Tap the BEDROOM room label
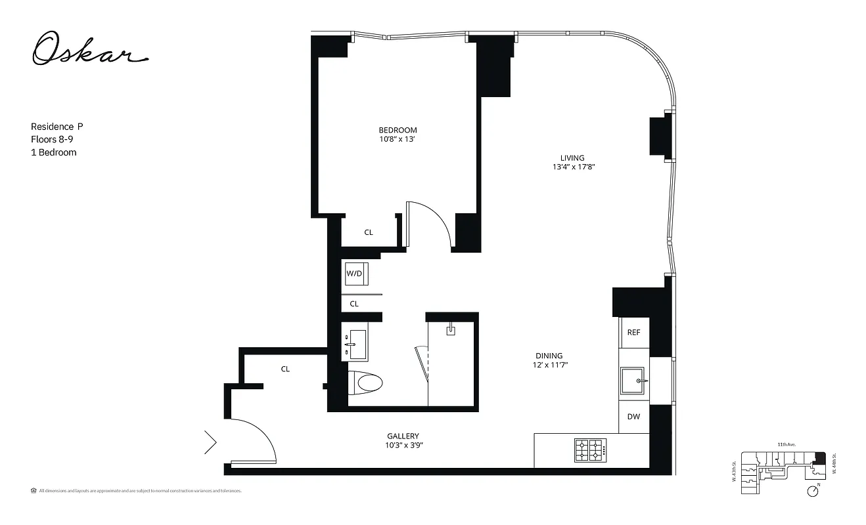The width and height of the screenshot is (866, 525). coord(398,130)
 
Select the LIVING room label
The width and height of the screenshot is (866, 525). coord(572,157)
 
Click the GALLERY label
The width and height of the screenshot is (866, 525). coord(403,436)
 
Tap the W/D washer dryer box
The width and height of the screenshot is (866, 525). coord(355,273)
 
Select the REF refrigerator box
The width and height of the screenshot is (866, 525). coord(633,333)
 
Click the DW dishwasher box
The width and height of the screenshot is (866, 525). coord(633,417)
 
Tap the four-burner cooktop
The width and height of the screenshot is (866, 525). coord(590,451)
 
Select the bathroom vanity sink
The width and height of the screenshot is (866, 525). coord(355,343)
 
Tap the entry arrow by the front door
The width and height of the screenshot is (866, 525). coord(210,442)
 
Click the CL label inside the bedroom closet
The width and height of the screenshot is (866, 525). coord(369,232)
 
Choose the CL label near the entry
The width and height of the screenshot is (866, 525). coord(285,369)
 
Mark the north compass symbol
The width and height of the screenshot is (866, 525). coord(814,491)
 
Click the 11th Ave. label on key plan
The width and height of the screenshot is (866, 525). coord(786,445)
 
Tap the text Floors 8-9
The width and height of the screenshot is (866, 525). coord(53,139)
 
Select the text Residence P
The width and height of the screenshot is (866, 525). coord(57,126)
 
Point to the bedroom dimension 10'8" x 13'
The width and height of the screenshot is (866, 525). coord(397,139)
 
